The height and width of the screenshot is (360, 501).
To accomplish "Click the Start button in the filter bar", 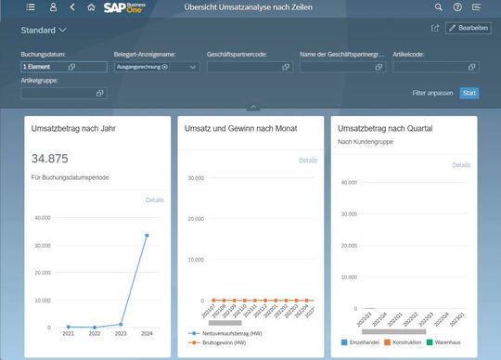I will pyautogui.click(x=469, y=93).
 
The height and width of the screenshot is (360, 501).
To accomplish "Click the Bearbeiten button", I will pyautogui.click(x=468, y=29).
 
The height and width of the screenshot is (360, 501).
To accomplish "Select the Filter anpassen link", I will pyautogui.click(x=431, y=93).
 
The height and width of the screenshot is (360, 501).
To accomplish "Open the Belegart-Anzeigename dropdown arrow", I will pyautogui.click(x=193, y=68).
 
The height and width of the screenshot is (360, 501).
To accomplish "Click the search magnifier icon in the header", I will pyautogui.click(x=438, y=7).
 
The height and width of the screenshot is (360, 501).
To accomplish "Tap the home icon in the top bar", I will pyautogui.click(x=91, y=7).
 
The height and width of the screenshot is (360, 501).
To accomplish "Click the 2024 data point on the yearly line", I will pyautogui.click(x=147, y=236).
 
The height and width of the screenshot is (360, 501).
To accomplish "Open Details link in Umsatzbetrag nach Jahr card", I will pyautogui.click(x=155, y=199).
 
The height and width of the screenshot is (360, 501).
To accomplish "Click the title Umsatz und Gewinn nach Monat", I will pyautogui.click(x=241, y=128).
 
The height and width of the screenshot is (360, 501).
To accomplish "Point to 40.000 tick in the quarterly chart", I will pyautogui.click(x=349, y=182).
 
